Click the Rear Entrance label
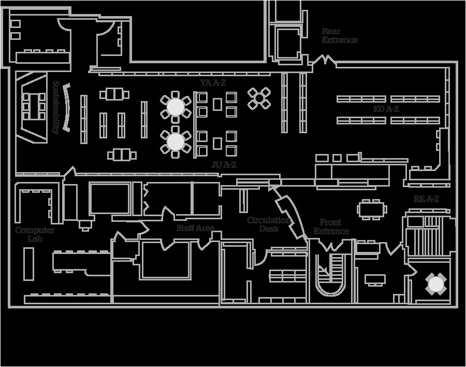coord(339,36)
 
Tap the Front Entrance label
coord(331,227)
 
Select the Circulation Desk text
coord(269,224)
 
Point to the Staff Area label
coord(195,228)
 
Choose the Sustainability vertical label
coord(55,107)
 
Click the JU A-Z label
coord(224,165)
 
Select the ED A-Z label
coord(386,109)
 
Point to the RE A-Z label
coord(426,199)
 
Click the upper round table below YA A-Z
coord(176,107)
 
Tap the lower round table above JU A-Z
coord(176,141)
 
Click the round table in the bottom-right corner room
coord(435,284)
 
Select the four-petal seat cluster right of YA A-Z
coord(259,98)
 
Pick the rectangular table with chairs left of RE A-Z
coord(372,209)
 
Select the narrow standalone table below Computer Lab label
coord(29,264)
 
